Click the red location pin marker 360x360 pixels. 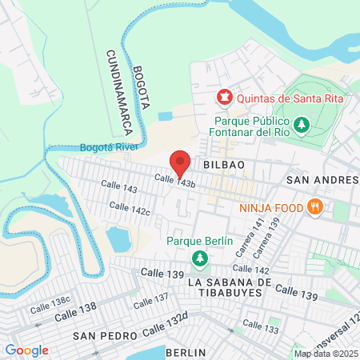pos(180,162)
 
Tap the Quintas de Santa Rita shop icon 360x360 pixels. pos(224,98)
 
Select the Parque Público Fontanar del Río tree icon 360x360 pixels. pos(302,124)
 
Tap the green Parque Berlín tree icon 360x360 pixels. pos(199,258)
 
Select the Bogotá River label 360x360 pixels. pos(109,148)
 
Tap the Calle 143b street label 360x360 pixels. pos(175,183)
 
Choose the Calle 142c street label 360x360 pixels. pos(130,210)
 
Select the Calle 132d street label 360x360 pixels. pos(165,325)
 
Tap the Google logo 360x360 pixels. pos(26,350)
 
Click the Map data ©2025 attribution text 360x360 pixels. pos(325,354)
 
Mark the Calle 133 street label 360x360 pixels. pos(260,326)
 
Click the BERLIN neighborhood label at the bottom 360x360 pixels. pos(186,352)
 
